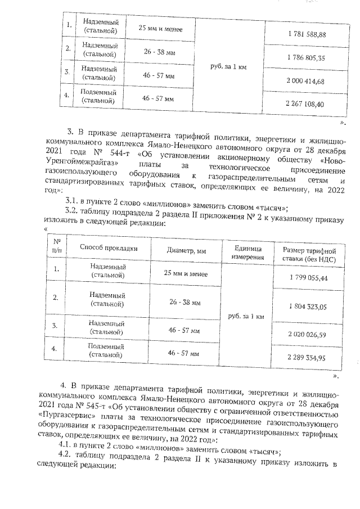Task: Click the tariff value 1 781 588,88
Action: click(x=307, y=35)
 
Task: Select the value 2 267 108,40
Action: click(x=307, y=104)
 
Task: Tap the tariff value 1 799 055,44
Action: click(x=307, y=278)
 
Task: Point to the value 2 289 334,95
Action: click(x=307, y=357)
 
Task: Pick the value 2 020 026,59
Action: click(x=307, y=335)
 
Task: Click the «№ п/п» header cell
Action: click(x=56, y=246)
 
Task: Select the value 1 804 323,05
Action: click(x=307, y=307)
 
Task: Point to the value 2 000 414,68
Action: click(x=307, y=82)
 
